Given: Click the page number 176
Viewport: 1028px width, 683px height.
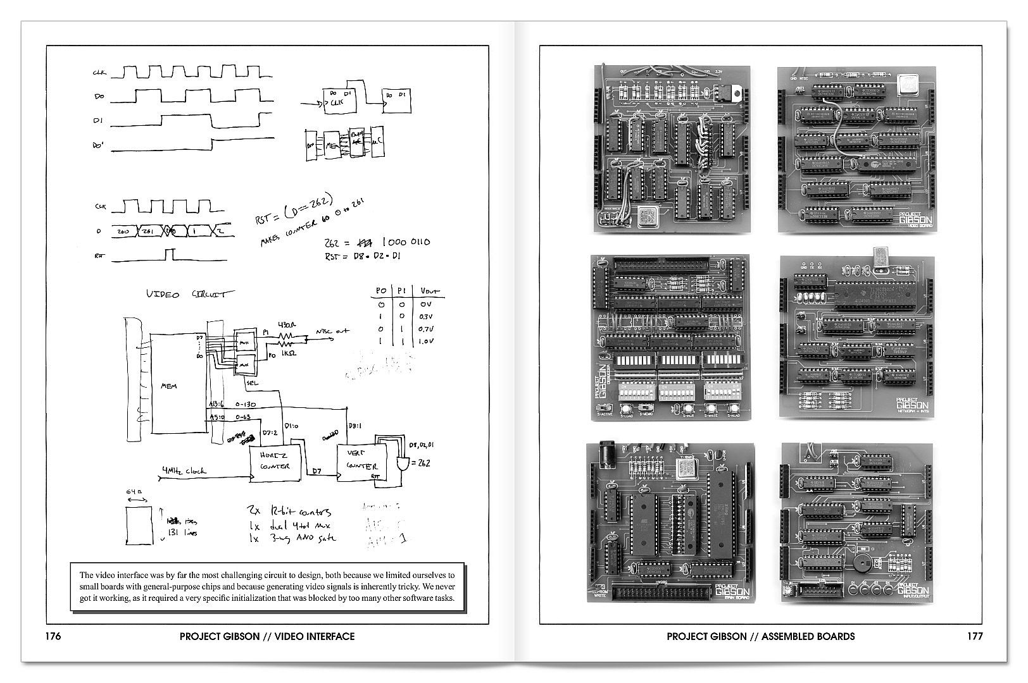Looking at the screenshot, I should (53, 636).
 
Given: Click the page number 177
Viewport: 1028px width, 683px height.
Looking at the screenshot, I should (975, 636).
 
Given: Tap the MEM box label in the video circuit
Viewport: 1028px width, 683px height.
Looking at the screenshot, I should (169, 386).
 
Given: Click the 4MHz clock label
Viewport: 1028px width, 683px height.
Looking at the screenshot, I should (184, 471).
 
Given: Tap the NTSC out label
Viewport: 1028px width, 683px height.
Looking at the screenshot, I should (332, 331).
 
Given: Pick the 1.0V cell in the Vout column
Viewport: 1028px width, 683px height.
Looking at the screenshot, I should (426, 341).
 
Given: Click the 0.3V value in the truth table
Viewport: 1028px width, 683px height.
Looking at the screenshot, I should (426, 317).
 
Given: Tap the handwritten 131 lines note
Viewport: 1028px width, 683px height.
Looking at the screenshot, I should (183, 533).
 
